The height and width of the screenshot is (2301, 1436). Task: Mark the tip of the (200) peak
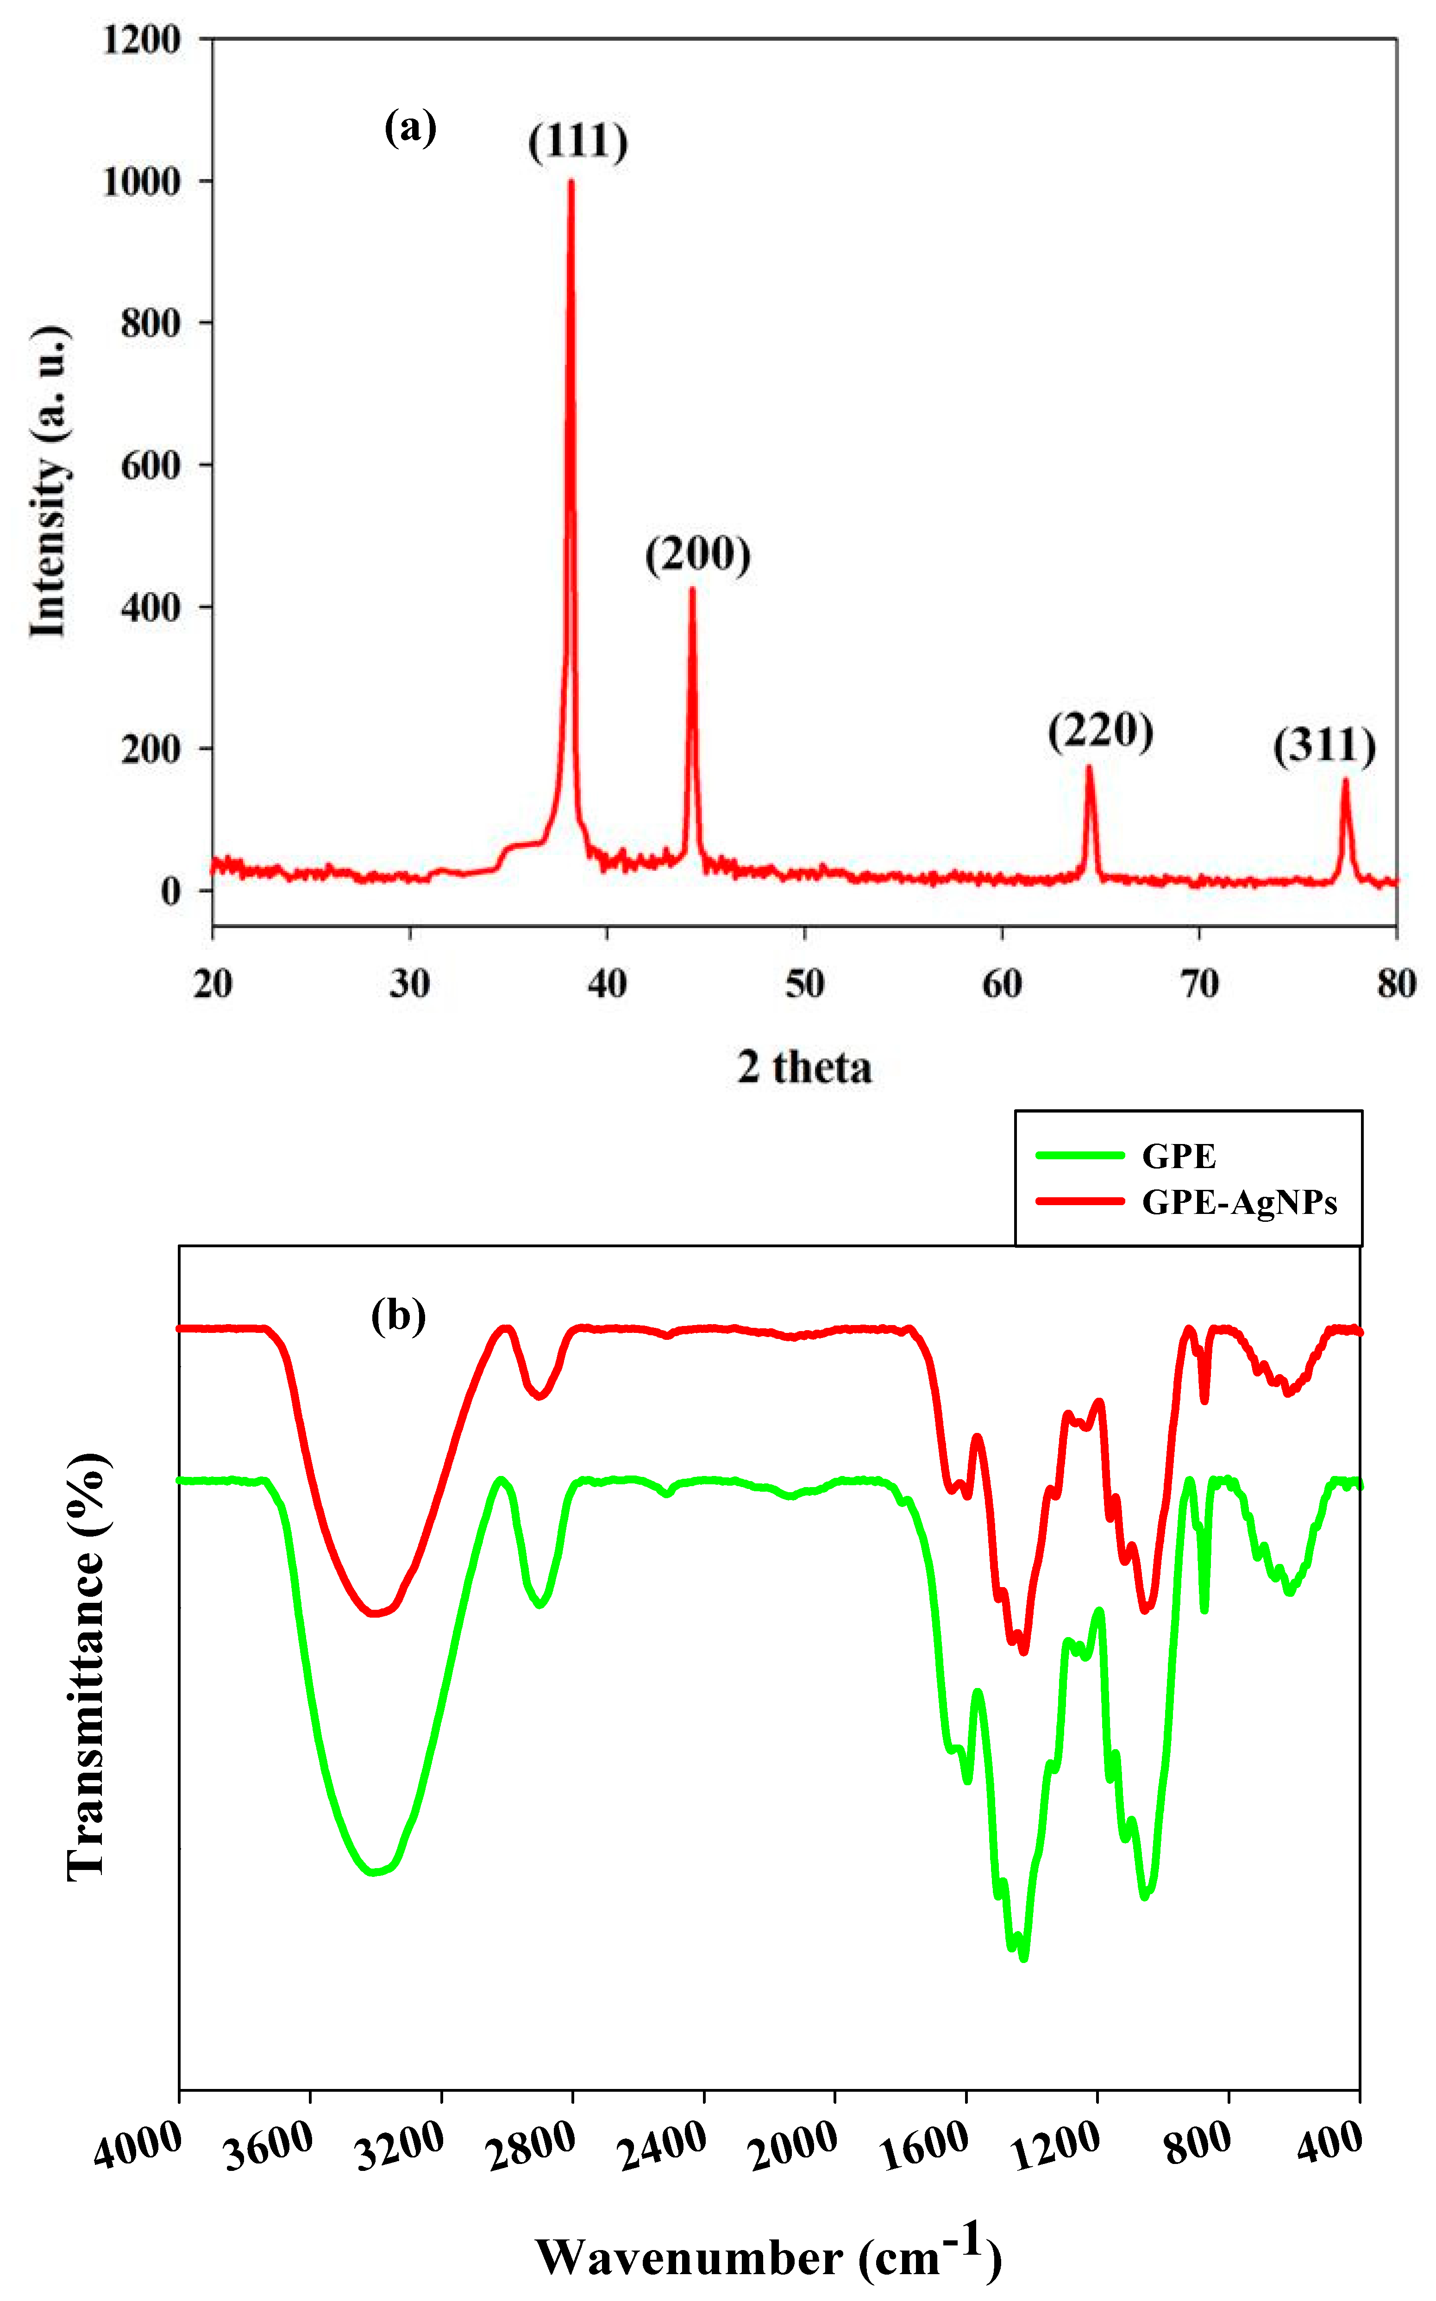pyautogui.click(x=692, y=589)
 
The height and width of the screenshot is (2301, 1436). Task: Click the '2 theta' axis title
pyautogui.click(x=804, y=1067)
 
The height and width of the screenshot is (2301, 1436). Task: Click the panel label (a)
pyautogui.click(x=410, y=127)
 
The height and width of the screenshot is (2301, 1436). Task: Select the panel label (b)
pyautogui.click(x=398, y=1316)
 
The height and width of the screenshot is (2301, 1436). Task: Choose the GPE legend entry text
pyautogui.click(x=1179, y=1156)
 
